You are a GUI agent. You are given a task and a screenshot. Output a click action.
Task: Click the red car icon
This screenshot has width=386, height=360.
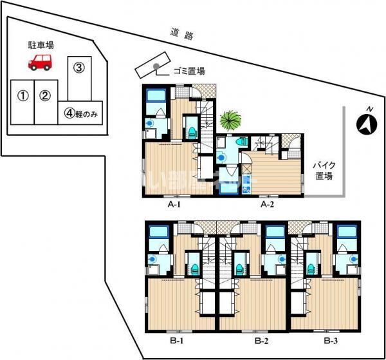(40, 62)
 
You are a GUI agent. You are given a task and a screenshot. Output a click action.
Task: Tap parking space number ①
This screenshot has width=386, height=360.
(23, 97)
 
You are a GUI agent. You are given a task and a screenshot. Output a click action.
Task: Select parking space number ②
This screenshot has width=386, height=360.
(44, 97)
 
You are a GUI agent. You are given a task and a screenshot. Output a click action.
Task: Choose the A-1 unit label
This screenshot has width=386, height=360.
(173, 205)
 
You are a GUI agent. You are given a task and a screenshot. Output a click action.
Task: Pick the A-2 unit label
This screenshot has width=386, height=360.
(268, 205)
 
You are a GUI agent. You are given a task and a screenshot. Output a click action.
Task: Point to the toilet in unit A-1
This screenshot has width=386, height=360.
(191, 131)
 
